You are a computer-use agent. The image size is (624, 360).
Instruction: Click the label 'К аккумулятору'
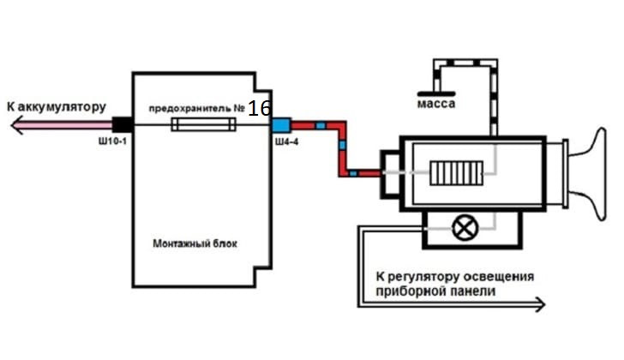tap(55, 107)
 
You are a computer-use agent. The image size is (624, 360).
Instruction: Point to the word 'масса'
tap(435, 104)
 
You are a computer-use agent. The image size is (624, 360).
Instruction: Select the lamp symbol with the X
tap(465, 228)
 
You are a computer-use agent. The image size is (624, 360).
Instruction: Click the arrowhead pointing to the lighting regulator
tap(537, 303)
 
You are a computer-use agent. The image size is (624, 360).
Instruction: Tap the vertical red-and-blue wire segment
tap(342, 149)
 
